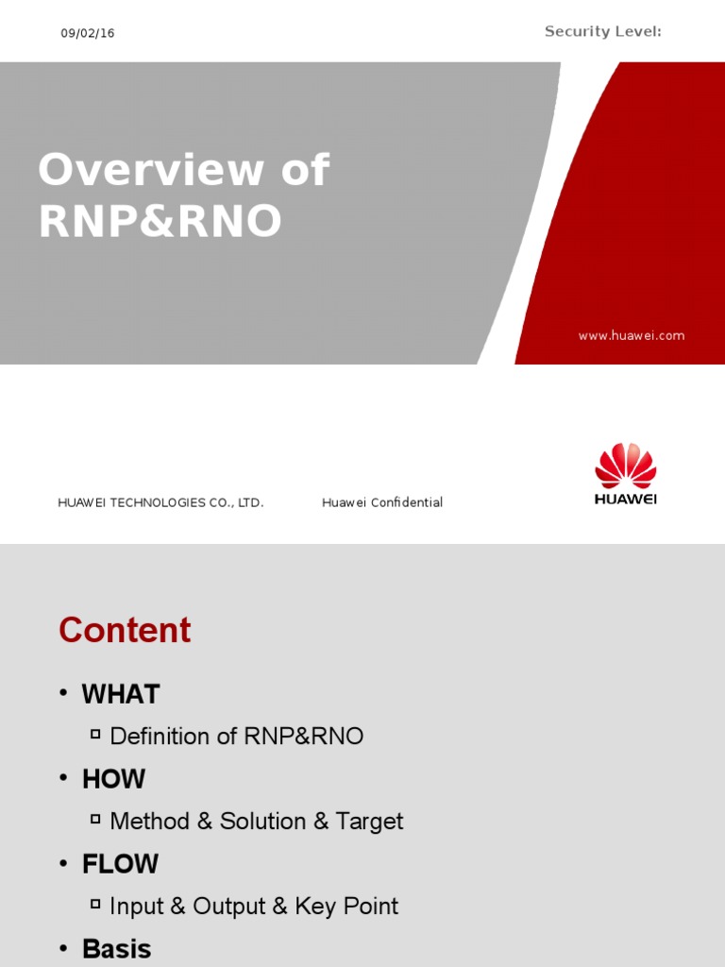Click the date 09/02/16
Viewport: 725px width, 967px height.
pos(88,33)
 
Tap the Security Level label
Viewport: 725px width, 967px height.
pos(602,32)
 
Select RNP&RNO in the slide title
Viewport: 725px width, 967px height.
pos(160,221)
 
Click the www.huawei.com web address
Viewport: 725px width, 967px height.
pos(632,335)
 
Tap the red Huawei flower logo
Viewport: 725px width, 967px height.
pos(625,467)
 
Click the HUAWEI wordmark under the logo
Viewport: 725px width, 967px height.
pos(625,499)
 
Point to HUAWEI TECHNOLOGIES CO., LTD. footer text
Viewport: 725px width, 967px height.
pos(160,502)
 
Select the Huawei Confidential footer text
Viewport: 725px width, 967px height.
pos(382,502)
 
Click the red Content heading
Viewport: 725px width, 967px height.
pos(125,630)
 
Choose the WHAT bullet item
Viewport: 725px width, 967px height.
pos(121,694)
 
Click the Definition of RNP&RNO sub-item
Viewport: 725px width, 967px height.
pos(236,737)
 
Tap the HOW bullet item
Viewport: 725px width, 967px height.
pos(113,779)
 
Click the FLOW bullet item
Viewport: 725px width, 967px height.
pos(120,864)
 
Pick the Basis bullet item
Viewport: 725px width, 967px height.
pos(116,949)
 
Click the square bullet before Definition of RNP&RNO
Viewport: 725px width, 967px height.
pos(95,734)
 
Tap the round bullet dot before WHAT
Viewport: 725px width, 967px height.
pos(64,694)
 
